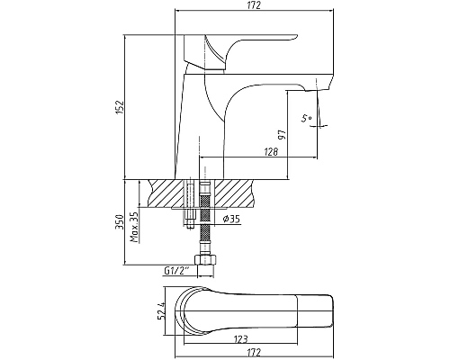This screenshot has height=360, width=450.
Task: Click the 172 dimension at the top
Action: coord(255,5)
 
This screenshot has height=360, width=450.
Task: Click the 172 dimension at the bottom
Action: coord(255,352)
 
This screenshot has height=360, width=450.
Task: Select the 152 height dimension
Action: coord(120,107)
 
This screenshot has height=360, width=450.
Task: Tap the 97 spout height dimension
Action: coord(282,135)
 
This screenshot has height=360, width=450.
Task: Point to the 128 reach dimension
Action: coord(271,152)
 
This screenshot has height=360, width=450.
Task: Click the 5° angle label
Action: coord(306,118)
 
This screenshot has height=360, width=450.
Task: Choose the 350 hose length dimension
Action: coord(120,222)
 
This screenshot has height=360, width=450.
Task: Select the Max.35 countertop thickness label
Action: coord(135,227)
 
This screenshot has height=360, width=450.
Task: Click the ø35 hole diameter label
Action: coord(231,220)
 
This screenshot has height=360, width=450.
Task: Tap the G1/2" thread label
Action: coord(176,271)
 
